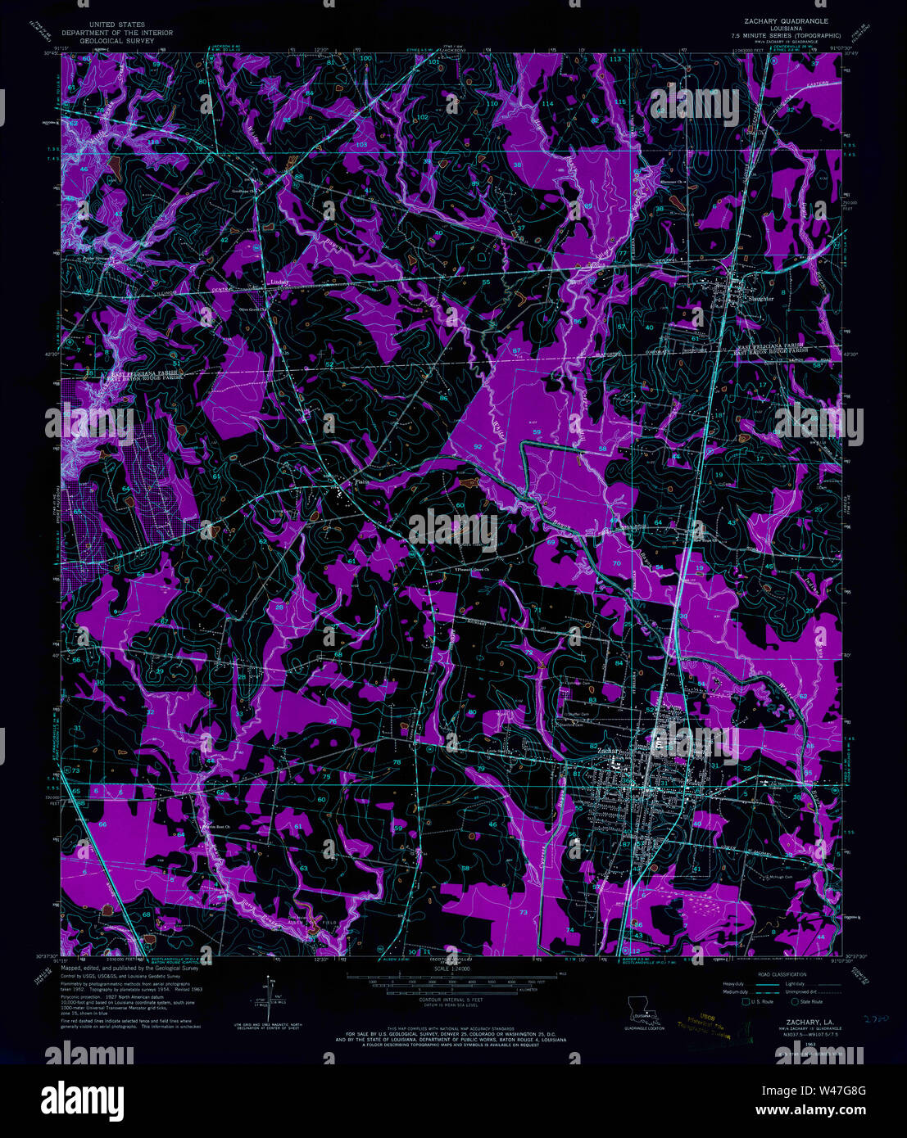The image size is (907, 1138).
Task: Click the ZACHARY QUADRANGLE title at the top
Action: pyautogui.click(x=786, y=20)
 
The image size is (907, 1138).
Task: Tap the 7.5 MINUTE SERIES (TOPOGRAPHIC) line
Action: pyautogui.click(x=786, y=35)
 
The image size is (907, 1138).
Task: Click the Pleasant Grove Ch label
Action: pyautogui.click(x=476, y=568)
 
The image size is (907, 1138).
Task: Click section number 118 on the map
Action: pyautogui.click(x=153, y=141)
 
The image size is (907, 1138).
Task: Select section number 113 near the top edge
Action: pyautogui.click(x=614, y=60)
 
